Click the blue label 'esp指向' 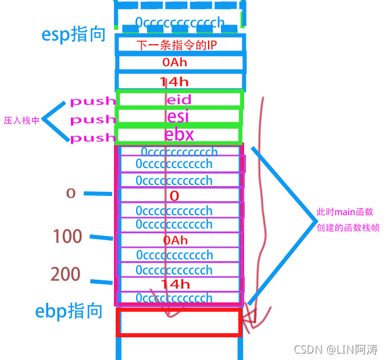74,34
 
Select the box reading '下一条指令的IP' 180,45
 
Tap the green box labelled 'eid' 179,100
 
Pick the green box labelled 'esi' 179,117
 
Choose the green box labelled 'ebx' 179,135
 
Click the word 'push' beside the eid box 93,101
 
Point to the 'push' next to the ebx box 93,138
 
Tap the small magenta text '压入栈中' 22,121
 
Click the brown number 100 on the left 67,236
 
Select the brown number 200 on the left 65,274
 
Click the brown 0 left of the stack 71,193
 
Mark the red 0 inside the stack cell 174,196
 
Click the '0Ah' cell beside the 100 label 175,240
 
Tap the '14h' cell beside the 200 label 175,284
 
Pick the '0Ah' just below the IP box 175,62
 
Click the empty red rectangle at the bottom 179,322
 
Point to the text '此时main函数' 344,212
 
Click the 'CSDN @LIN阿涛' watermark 336,350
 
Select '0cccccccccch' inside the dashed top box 180,23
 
